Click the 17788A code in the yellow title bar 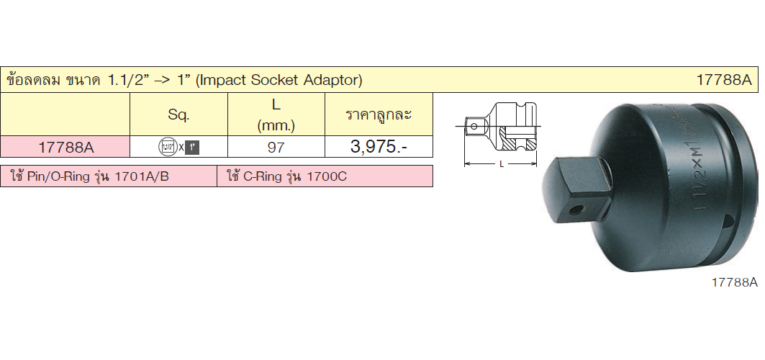[x=725, y=80]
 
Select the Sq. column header [x=178, y=115]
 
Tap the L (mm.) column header [x=276, y=115]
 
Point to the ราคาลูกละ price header [x=379, y=114]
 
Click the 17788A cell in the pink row [x=65, y=148]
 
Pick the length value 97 [x=276, y=148]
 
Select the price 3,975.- [x=379, y=147]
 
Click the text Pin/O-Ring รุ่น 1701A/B [x=98, y=176]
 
